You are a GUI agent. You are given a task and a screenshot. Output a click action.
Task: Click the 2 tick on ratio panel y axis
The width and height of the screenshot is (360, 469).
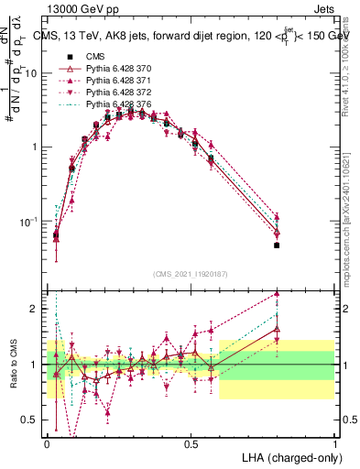[34, 309]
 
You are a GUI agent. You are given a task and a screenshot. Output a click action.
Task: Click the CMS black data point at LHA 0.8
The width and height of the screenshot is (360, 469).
[277, 245]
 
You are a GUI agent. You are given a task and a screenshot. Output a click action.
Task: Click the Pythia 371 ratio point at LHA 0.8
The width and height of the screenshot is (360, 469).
[277, 294]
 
